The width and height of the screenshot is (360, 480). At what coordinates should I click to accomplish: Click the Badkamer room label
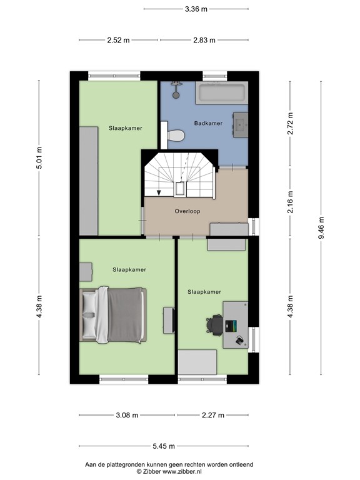click(208, 123)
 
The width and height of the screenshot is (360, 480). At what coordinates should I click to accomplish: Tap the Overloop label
click(187, 211)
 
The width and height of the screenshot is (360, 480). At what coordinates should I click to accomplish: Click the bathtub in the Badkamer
click(222, 94)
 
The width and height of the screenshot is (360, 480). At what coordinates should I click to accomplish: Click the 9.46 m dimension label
click(321, 228)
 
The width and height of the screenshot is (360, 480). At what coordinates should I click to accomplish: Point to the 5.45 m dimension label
click(164, 446)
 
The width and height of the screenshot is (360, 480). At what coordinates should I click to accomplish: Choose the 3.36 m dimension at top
click(196, 9)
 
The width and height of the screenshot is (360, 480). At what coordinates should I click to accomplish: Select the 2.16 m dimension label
click(290, 202)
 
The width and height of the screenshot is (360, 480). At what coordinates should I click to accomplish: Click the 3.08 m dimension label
click(127, 415)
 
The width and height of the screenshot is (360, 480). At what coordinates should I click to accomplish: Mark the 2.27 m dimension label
click(213, 415)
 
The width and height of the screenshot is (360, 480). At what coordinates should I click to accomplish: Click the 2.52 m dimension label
click(118, 40)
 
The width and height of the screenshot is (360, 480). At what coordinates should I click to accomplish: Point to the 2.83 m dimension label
click(204, 40)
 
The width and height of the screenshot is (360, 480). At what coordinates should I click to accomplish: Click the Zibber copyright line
click(169, 472)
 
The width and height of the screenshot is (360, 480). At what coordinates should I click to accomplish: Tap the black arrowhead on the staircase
click(159, 192)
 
